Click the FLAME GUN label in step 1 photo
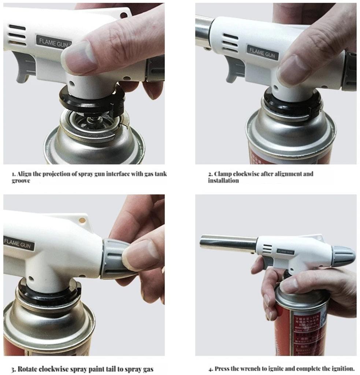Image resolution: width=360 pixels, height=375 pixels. pos(53,42)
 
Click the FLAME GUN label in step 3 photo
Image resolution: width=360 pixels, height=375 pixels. pos(18,243)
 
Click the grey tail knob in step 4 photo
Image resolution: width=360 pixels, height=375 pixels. pos(343,255)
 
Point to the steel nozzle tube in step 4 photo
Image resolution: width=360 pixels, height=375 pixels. pos(228,243)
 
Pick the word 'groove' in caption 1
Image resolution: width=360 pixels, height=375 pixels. pos(21,181)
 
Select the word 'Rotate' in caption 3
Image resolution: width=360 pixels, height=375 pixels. pos(27,369)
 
